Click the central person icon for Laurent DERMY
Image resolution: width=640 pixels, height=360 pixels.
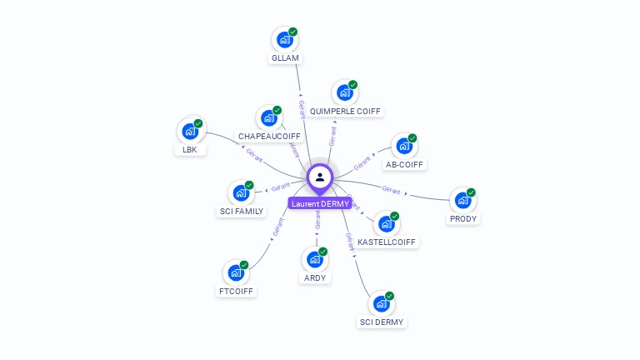tap(320, 177)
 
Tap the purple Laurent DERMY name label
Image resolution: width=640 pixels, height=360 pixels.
tap(320, 203)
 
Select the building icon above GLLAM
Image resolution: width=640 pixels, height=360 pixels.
tap(284, 39)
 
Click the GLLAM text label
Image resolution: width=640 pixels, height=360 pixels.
tap(284, 58)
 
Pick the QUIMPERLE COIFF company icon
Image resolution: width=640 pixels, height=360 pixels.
tap(344, 92)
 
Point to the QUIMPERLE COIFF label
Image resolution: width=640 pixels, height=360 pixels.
tap(345, 111)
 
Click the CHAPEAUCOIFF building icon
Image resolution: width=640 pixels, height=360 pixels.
tap(268, 117)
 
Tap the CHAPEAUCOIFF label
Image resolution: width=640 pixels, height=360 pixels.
tap(269, 136)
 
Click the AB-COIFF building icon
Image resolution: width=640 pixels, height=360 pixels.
tap(403, 146)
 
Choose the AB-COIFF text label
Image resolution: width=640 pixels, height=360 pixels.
tap(404, 164)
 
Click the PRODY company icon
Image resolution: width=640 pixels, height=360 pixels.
tap(462, 200)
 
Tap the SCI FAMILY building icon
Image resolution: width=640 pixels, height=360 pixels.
tap(241, 192)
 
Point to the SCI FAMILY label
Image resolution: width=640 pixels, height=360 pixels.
tap(242, 212)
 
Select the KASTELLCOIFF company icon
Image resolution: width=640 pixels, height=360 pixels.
tap(386, 223)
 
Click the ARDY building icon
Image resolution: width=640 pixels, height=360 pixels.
tap(314, 259)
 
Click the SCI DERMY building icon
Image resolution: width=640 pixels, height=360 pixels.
tap(381, 303)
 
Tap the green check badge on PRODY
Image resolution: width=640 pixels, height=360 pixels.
tap(471, 192)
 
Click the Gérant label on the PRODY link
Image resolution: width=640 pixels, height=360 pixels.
tap(392, 189)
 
